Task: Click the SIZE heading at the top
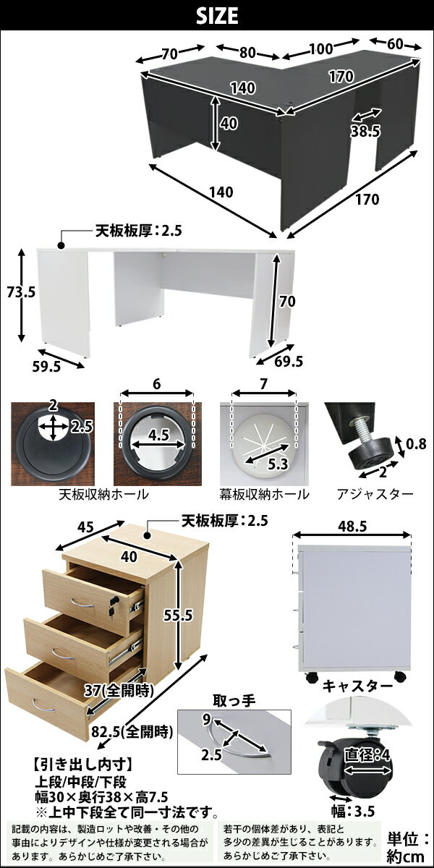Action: (x=217, y=15)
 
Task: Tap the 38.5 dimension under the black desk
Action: (x=366, y=132)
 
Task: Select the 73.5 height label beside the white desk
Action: (x=21, y=292)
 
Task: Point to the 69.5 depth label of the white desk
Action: (x=289, y=361)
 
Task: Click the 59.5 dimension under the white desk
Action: (x=46, y=367)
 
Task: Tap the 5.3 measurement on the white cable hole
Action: (x=278, y=464)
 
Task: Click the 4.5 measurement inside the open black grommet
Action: (x=159, y=435)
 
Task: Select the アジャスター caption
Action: (x=375, y=494)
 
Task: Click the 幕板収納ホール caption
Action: (x=264, y=494)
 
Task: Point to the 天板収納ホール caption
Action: (x=103, y=494)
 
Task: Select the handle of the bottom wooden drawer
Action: (x=43, y=706)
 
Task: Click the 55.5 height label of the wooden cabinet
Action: (x=178, y=615)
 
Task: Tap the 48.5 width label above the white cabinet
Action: (x=352, y=527)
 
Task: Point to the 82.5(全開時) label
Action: (x=132, y=731)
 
